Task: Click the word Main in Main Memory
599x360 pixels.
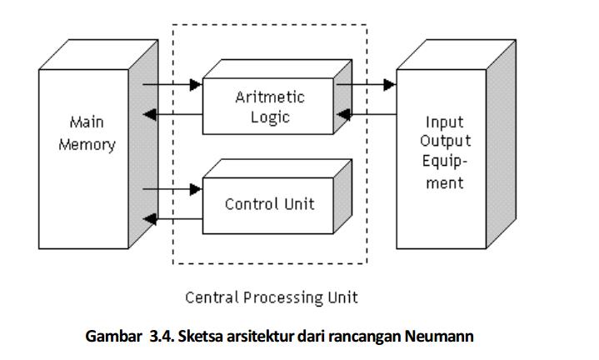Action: (86, 122)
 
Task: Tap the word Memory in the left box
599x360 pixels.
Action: (87, 144)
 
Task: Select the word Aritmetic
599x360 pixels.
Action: (269, 97)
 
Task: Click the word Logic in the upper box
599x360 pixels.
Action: (270, 117)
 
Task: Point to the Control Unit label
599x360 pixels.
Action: (269, 203)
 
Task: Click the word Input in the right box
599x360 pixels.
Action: (444, 122)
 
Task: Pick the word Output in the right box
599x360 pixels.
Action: (445, 141)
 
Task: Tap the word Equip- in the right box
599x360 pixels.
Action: (445, 162)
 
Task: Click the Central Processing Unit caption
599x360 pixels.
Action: (271, 297)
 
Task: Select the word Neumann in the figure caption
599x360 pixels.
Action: (440, 337)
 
